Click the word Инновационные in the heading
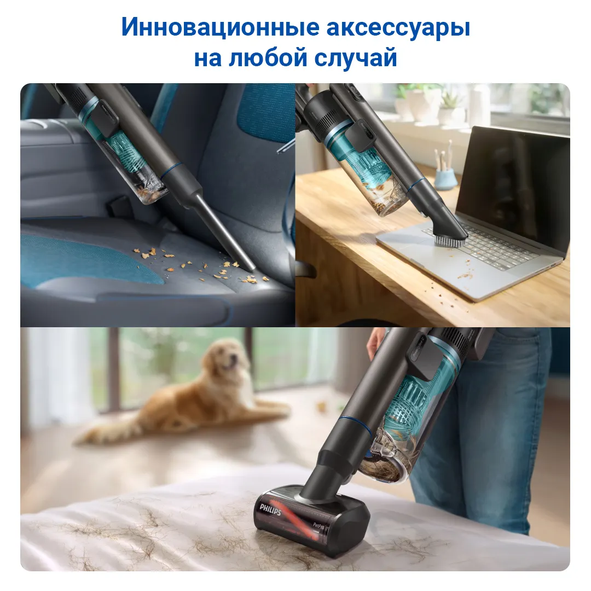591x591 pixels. [x=220, y=27]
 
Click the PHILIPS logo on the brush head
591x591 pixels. [x=270, y=509]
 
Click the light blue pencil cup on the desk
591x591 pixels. [x=446, y=178]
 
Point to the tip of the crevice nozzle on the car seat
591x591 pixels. [x=250, y=268]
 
